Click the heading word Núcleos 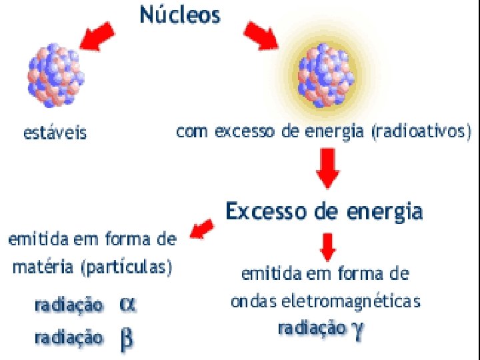[x=180, y=15]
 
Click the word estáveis [x=55, y=133]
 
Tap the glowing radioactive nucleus [x=325, y=75]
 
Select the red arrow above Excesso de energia [x=327, y=169]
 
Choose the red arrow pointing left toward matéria [x=202, y=230]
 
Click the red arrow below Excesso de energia [x=327, y=246]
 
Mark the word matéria [x=41, y=268]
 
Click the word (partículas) [x=126, y=269]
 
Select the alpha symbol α [x=127, y=304]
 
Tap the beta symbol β [x=126, y=338]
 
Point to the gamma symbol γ [x=359, y=328]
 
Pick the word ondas [x=253, y=301]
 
